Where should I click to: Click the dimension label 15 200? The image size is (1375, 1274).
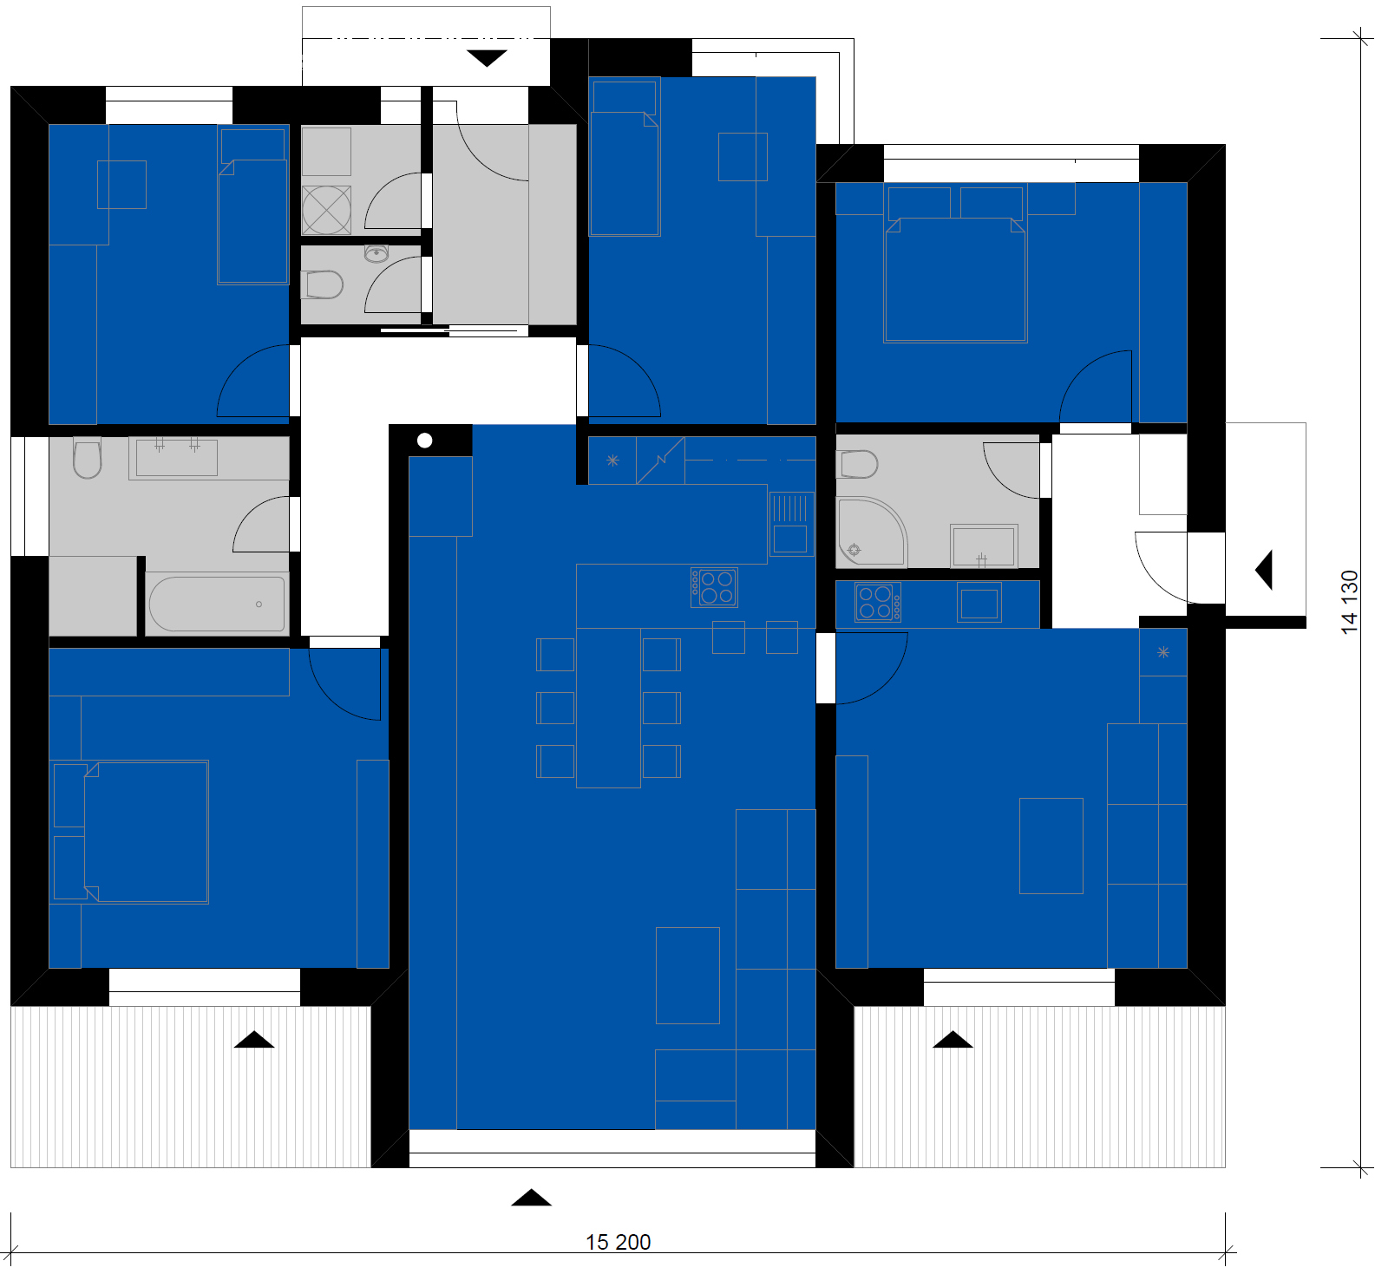[x=618, y=1242]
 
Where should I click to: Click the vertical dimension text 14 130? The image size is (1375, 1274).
[x=1349, y=602]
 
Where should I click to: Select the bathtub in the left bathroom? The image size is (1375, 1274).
[x=217, y=604]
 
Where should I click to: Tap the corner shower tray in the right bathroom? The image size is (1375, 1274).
[x=871, y=532]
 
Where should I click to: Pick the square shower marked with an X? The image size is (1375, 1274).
[x=327, y=210]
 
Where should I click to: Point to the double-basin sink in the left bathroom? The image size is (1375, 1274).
[x=177, y=457]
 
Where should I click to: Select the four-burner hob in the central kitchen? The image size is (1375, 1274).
[x=714, y=587]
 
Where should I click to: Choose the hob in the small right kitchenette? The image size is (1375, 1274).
[x=878, y=602]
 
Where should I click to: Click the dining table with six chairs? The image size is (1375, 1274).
[x=608, y=708]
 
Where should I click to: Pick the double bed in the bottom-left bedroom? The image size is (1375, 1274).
[x=129, y=832]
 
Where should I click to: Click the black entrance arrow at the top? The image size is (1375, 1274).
[x=487, y=58]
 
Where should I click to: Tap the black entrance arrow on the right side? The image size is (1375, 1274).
[x=1264, y=570]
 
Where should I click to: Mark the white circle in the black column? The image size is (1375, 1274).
[x=424, y=441]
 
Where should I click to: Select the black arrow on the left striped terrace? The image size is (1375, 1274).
[x=254, y=1039]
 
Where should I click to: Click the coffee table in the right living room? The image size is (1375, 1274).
[x=1051, y=846]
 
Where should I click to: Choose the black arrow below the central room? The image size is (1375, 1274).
[x=531, y=1198]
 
